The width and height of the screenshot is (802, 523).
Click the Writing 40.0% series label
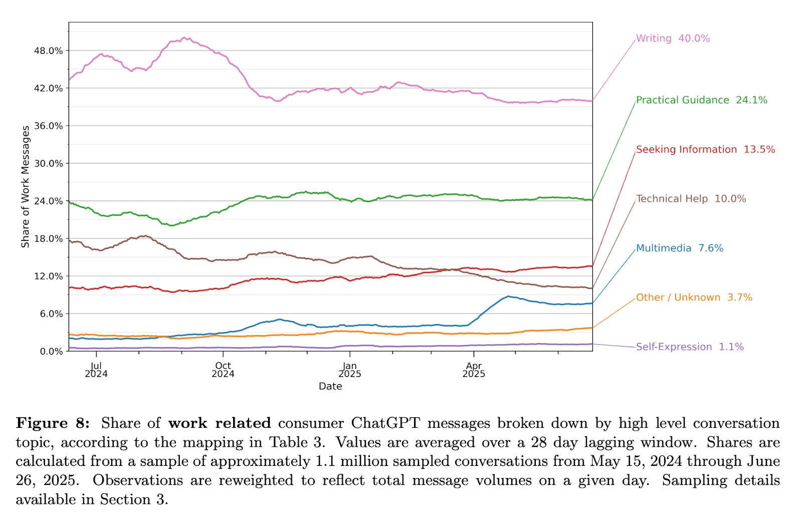pyautogui.click(x=673, y=39)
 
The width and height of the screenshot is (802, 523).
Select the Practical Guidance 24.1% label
pyautogui.click(x=701, y=100)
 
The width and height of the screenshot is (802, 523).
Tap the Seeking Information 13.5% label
pyautogui.click(x=705, y=149)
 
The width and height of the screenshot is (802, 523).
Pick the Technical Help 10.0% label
pyautogui.click(x=691, y=199)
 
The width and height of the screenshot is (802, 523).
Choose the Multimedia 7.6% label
pyautogui.click(x=679, y=248)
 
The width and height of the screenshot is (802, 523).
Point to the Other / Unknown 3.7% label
pyautogui.click(x=694, y=298)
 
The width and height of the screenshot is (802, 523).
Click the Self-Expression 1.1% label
pyautogui.click(x=690, y=347)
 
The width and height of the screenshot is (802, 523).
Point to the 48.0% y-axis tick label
pyautogui.click(x=49, y=51)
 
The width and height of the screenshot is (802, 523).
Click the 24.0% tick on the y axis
pyautogui.click(x=49, y=201)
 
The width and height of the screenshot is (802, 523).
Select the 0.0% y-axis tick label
pyautogui.click(x=51, y=351)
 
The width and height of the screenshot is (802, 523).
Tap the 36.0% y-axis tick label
pyautogui.click(x=49, y=126)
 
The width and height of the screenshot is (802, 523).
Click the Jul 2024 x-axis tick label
pyautogui.click(x=96, y=370)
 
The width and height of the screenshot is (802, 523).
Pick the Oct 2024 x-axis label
pyautogui.click(x=223, y=370)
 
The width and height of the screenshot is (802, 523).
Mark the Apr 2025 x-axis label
pyautogui.click(x=474, y=370)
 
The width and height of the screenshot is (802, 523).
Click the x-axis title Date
pyautogui.click(x=330, y=386)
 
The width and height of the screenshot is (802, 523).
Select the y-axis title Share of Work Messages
pyautogui.click(x=26, y=186)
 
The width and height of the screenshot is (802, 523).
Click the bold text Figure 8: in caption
pyautogui.click(x=53, y=423)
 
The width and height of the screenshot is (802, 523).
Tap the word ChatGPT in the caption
pyautogui.click(x=385, y=423)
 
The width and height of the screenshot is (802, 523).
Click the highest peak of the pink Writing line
pyautogui.click(x=185, y=38)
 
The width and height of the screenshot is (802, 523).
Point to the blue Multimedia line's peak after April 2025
pyautogui.click(x=508, y=297)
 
